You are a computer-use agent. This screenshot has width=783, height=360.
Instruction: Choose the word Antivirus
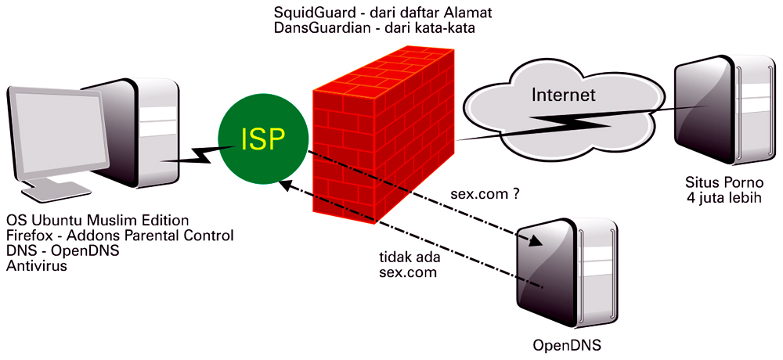tap(37, 266)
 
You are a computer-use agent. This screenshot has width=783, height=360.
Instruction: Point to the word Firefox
tap(30, 235)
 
